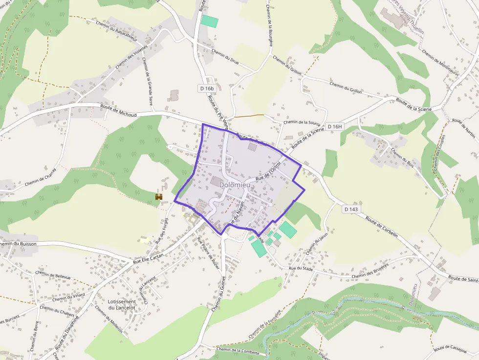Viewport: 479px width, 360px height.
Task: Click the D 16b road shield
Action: click(x=207, y=88)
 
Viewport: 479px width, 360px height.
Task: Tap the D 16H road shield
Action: click(x=335, y=127)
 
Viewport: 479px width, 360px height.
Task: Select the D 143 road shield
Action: click(x=351, y=209)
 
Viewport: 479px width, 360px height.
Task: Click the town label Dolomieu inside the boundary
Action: click(x=236, y=185)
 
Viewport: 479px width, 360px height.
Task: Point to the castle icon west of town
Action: click(x=158, y=196)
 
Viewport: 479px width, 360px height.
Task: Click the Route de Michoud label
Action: click(x=118, y=110)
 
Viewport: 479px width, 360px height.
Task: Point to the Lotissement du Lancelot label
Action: click(x=122, y=304)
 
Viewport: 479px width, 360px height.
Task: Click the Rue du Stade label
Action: click(x=301, y=268)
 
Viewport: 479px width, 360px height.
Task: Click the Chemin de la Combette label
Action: click(x=238, y=350)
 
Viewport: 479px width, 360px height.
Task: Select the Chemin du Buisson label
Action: click(x=19, y=243)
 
